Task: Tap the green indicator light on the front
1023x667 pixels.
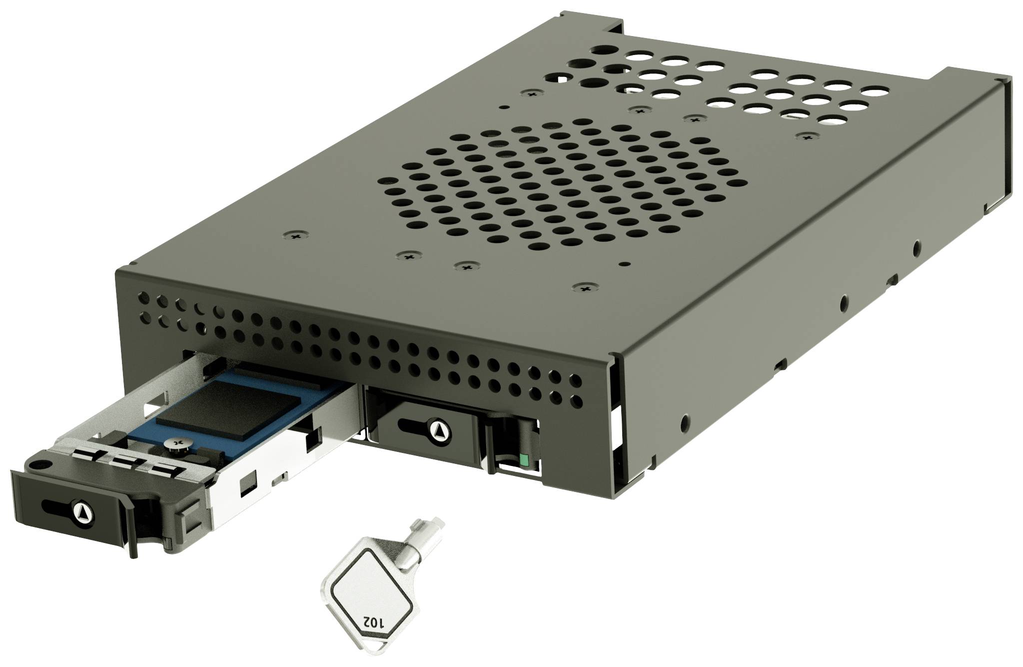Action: [523, 459]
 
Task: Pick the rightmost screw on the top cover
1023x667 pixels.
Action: [806, 135]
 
